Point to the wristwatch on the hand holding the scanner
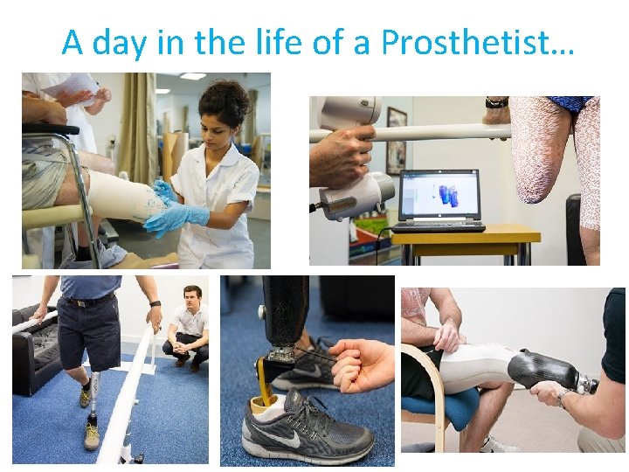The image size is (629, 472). click(x=497, y=102)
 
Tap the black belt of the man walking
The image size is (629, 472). click(x=87, y=302)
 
